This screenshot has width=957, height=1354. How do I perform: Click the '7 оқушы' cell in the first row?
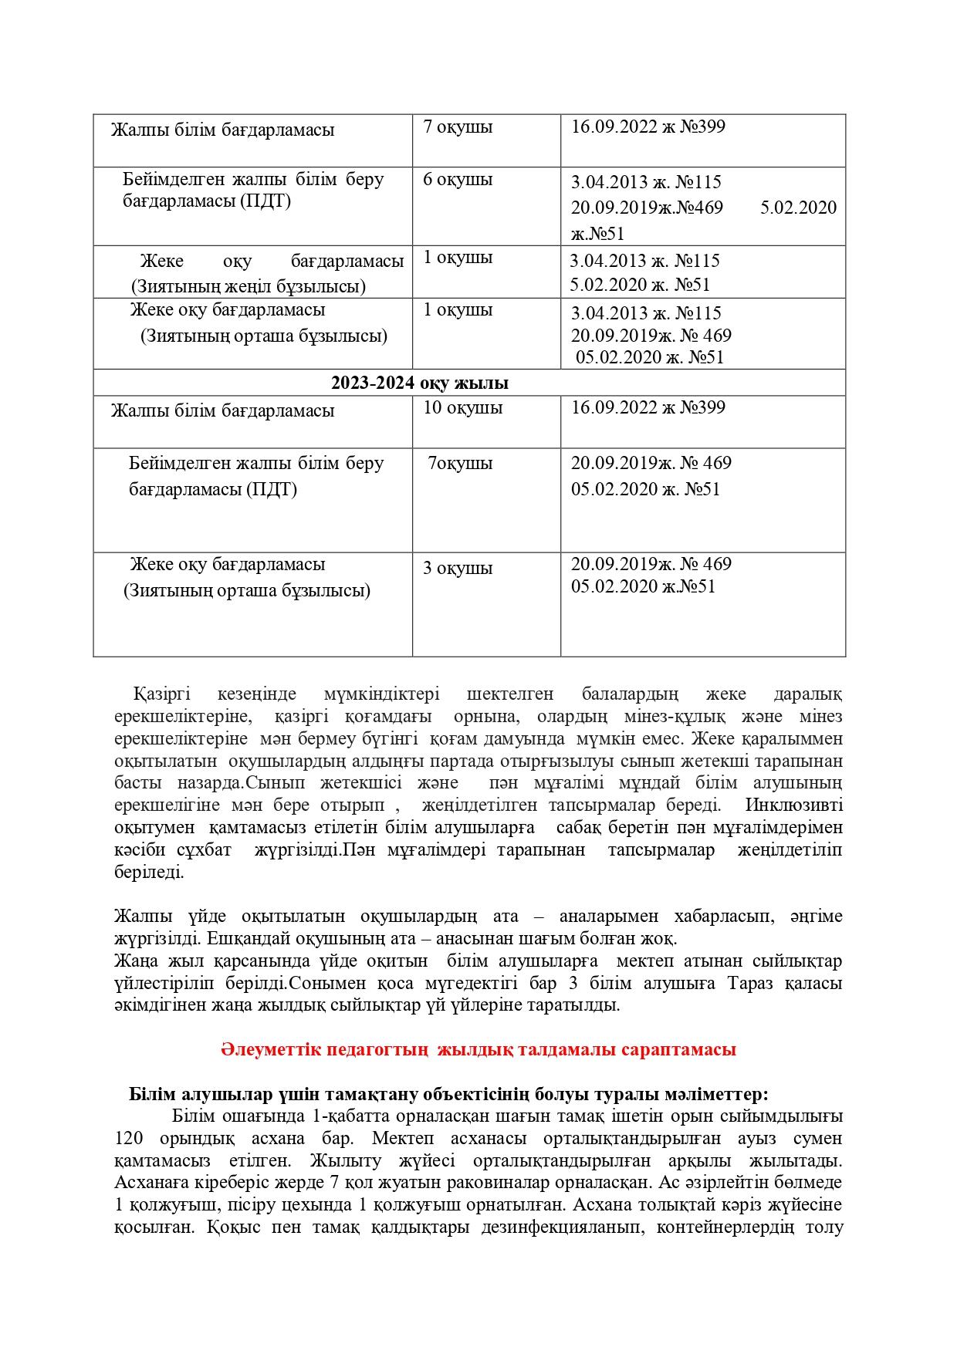pos(458,127)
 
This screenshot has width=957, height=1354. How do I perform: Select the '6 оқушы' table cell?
pos(458,180)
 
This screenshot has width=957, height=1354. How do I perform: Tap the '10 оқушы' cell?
pos(462,407)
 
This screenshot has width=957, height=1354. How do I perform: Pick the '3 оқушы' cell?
pos(458,569)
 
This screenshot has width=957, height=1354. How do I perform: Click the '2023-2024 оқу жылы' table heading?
pos(420,383)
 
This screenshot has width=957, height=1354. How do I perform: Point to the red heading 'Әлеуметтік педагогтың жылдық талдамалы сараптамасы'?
pos(478,1049)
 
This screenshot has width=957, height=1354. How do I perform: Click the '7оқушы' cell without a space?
pos(461,464)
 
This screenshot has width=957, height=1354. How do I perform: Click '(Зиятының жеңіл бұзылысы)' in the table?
pos(249,286)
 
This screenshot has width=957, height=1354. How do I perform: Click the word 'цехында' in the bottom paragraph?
pos(317,1205)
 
